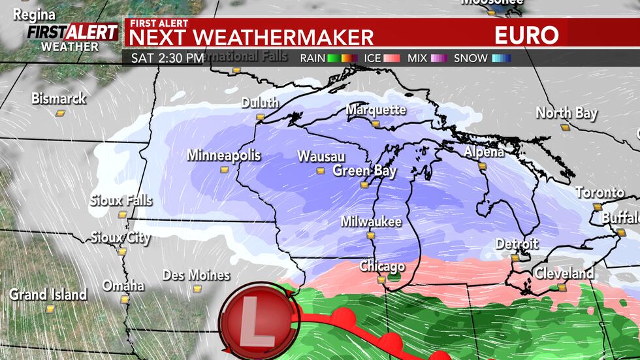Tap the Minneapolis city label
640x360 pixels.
coord(223,155)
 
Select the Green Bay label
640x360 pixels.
coord(364,171)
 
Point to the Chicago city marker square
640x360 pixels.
coord(381,280)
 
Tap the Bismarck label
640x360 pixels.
coord(59,99)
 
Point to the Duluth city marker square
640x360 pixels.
coord(260,117)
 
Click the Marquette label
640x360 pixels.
coord(376,110)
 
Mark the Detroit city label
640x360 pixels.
coord(517,244)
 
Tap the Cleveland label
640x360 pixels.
coord(564,274)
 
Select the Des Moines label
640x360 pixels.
coord(196,275)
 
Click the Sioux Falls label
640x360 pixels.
coord(121,200)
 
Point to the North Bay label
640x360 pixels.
coord(566,113)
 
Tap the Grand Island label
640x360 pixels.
coord(48,295)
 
